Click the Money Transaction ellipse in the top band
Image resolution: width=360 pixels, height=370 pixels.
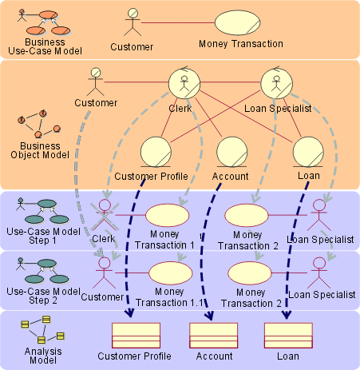pyautogui.click(x=237, y=22)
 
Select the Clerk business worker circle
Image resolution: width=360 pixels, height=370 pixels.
pyautogui.click(x=184, y=83)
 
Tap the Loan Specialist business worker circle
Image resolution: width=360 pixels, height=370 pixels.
pyautogui.click(x=276, y=83)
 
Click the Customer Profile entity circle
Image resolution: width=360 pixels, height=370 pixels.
pyautogui.click(x=156, y=152)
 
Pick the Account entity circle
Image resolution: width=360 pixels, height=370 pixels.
pyautogui.click(x=232, y=152)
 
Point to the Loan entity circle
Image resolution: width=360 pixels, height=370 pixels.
pyautogui.click(x=308, y=152)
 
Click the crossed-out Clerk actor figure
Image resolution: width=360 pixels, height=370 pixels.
pyautogui.click(x=105, y=215)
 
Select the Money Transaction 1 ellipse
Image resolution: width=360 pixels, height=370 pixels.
pyautogui.click(x=167, y=215)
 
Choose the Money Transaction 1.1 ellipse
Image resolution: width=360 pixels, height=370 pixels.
pyautogui.click(x=170, y=273)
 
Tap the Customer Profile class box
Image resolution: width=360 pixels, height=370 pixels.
pyautogui.click(x=136, y=336)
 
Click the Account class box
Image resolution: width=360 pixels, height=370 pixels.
pyautogui.click(x=213, y=336)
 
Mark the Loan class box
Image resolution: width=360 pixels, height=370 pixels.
pyautogui.click(x=288, y=336)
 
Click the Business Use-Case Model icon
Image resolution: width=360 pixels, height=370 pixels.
pyautogui.click(x=44, y=22)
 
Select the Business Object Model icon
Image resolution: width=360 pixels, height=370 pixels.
pyautogui.click(x=39, y=124)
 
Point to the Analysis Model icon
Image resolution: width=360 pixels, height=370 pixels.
pyautogui.click(x=43, y=330)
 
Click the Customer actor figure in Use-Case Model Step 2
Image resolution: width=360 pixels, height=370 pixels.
pyautogui.click(x=105, y=273)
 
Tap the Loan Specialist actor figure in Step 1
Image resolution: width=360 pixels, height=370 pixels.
pyautogui.click(x=319, y=215)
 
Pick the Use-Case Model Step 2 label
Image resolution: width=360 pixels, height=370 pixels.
pyautogui.click(x=43, y=296)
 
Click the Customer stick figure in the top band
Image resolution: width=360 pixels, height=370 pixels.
pyautogui.click(x=133, y=22)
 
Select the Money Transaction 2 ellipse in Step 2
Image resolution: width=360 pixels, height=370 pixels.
pyautogui.click(x=250, y=273)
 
